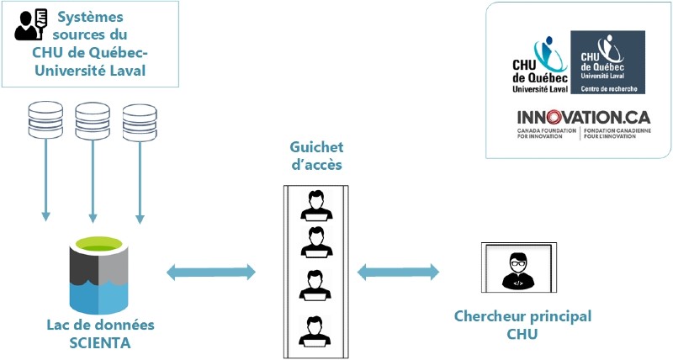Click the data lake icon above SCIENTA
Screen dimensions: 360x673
click(103, 273)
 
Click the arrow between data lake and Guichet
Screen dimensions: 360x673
click(211, 271)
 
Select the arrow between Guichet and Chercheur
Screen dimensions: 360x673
click(399, 271)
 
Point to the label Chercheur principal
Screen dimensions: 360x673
click(522, 317)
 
